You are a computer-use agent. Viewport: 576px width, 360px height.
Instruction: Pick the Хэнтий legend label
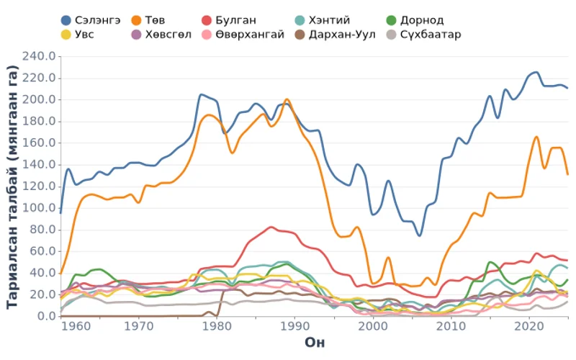click(x=328, y=20)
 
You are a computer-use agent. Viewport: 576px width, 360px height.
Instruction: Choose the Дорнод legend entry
click(x=417, y=20)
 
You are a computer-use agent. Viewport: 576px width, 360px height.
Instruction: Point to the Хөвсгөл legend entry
click(x=162, y=35)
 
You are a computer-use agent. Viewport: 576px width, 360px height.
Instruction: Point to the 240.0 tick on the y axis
click(x=41, y=56)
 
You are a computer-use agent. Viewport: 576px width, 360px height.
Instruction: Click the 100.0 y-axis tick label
click(x=41, y=208)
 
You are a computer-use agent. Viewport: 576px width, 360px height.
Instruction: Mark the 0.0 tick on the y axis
click(x=47, y=316)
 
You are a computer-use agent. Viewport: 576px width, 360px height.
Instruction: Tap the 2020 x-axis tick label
click(x=528, y=326)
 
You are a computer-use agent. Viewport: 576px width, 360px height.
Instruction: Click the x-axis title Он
click(x=314, y=342)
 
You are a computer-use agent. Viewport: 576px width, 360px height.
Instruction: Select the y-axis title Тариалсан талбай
click(x=12, y=186)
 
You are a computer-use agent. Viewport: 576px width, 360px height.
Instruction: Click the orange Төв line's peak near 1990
click(x=287, y=99)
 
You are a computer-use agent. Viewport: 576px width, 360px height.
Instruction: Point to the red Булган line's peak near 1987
click(x=271, y=227)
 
